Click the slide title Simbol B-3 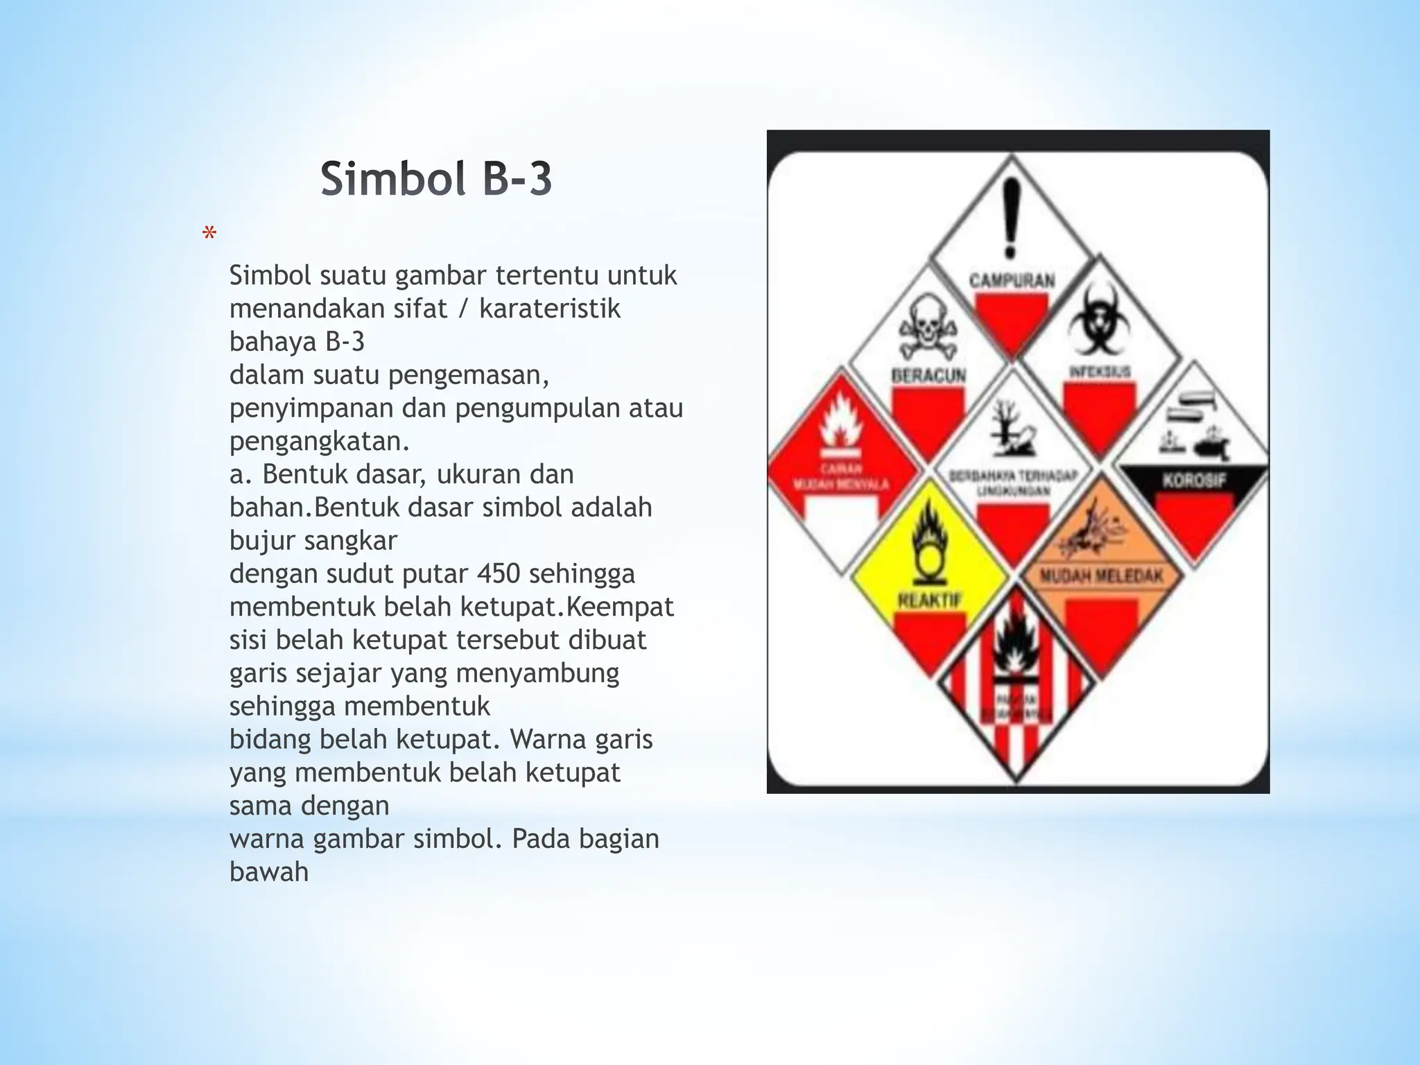tap(436, 178)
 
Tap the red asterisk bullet tap(209, 234)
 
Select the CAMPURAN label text tap(1012, 281)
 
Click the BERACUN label tap(928, 376)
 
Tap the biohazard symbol tap(1096, 322)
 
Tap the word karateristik tap(549, 309)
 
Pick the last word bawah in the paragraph tap(269, 872)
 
